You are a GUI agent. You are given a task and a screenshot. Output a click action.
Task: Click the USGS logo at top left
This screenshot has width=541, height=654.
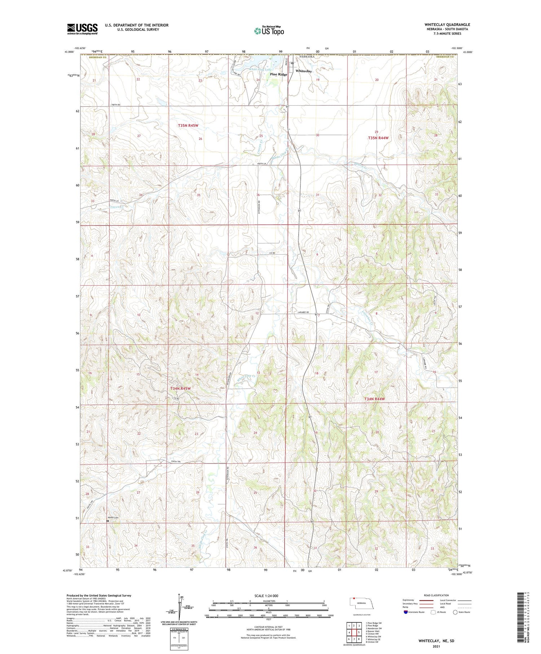[82, 29]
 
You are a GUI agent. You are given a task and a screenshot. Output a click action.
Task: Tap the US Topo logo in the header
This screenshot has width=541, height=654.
[269, 31]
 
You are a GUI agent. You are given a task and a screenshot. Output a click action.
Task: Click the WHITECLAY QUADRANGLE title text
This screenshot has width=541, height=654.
[447, 25]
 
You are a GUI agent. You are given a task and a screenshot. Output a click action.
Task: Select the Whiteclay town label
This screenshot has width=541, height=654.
[303, 71]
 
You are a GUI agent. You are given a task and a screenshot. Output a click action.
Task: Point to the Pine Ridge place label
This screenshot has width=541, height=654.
[278, 74]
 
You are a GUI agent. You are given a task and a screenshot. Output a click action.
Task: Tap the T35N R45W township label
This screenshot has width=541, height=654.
[188, 125]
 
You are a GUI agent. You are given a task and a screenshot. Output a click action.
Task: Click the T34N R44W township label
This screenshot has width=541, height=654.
[374, 399]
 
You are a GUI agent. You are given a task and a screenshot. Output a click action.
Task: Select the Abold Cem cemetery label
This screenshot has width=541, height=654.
[113, 518]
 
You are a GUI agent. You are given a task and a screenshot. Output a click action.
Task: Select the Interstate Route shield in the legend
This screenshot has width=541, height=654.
[406, 612]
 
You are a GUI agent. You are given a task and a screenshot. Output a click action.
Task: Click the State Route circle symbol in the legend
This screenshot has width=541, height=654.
[455, 612]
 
